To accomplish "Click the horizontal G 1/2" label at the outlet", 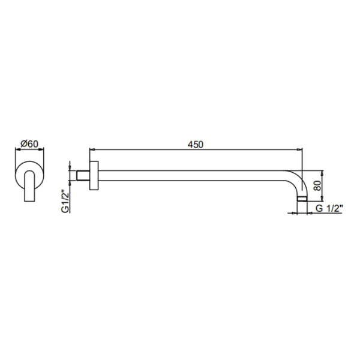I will (x=330, y=208).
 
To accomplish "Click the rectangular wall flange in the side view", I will (x=93, y=176).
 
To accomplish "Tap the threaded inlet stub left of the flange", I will (x=82, y=176).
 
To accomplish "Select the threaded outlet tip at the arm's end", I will (x=304, y=200).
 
